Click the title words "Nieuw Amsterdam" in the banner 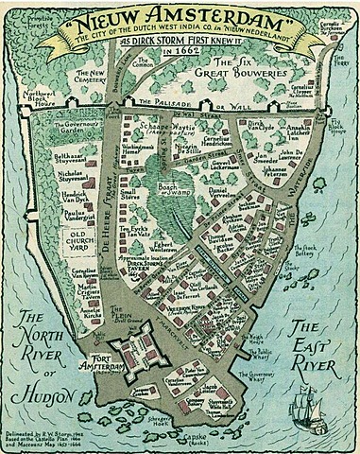[179, 20]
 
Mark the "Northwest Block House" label [20, 100]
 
